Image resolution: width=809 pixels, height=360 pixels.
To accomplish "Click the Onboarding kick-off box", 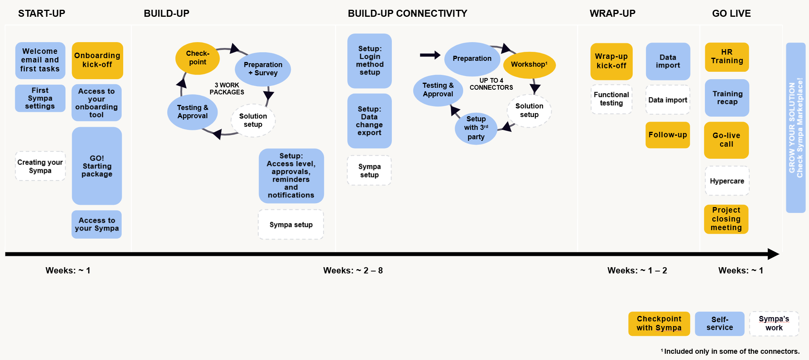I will pyautogui.click(x=97, y=60).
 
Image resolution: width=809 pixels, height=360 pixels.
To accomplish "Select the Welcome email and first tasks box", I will pyautogui.click(x=40, y=60).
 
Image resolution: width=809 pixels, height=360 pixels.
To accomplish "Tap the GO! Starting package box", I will pyautogui.click(x=97, y=166).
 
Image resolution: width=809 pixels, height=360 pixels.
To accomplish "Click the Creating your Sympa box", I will pyautogui.click(x=40, y=166).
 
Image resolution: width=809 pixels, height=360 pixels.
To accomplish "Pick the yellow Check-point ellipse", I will pyautogui.click(x=198, y=58).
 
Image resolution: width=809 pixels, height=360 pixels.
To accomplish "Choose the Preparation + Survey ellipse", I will pyautogui.click(x=263, y=69).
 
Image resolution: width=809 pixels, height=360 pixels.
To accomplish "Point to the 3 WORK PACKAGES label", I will pyautogui.click(x=227, y=89).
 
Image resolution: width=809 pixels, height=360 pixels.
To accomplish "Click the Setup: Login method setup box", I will pyautogui.click(x=370, y=60).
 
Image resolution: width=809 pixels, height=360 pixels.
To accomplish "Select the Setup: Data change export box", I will pyautogui.click(x=369, y=121).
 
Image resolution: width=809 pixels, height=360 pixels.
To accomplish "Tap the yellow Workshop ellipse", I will pyautogui.click(x=529, y=65).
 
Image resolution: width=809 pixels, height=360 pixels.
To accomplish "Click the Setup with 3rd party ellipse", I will pyautogui.click(x=476, y=128).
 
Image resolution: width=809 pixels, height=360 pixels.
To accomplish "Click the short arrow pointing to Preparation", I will pyautogui.click(x=430, y=55).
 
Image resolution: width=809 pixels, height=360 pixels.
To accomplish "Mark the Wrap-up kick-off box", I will pyautogui.click(x=611, y=61).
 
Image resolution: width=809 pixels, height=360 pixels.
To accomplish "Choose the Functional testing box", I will pyautogui.click(x=611, y=99).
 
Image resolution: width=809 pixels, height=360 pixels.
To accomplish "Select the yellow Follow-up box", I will pyautogui.click(x=667, y=135).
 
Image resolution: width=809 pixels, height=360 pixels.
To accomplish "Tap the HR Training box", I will pyautogui.click(x=727, y=57).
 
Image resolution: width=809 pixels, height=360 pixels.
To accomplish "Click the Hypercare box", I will pyautogui.click(x=727, y=181).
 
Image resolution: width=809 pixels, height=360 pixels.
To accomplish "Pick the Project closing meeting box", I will pyautogui.click(x=726, y=219).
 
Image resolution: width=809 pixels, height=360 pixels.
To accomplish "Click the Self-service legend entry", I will pyautogui.click(x=719, y=324).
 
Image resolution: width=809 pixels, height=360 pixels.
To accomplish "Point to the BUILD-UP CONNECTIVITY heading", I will pyautogui.click(x=407, y=14).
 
